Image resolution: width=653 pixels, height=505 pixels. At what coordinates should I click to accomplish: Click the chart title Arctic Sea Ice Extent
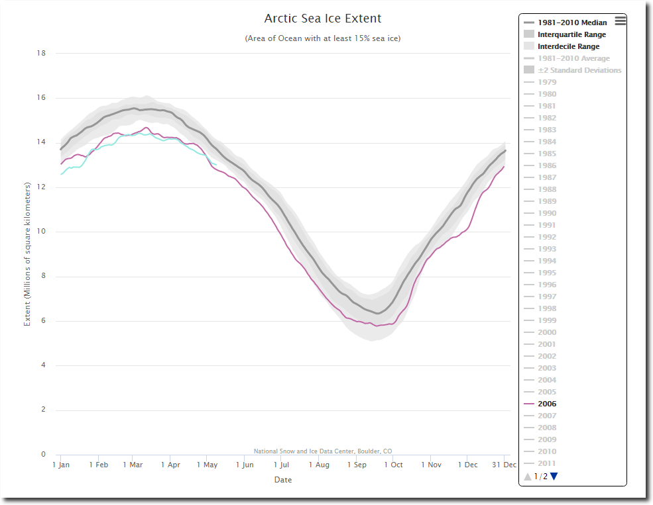(323, 19)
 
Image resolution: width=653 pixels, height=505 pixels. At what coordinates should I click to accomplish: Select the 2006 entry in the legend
(547, 404)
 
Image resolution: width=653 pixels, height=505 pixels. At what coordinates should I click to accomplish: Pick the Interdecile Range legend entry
(568, 46)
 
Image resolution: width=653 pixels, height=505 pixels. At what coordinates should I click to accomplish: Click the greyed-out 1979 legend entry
(547, 82)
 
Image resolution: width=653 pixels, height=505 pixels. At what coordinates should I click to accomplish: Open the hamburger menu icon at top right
(620, 21)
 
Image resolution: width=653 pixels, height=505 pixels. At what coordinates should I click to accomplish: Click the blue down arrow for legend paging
(554, 476)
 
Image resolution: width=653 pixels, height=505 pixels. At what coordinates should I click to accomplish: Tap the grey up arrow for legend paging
(528, 476)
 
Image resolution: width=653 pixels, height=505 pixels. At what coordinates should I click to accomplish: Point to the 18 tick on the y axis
(41, 53)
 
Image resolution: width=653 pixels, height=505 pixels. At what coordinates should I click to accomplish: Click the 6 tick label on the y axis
(43, 321)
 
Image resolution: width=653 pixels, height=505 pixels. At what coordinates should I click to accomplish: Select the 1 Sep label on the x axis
(357, 465)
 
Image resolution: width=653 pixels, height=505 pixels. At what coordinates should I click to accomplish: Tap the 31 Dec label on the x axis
(504, 465)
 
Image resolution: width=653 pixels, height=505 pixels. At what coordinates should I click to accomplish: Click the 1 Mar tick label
(133, 465)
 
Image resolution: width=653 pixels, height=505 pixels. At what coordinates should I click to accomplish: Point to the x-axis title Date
(283, 480)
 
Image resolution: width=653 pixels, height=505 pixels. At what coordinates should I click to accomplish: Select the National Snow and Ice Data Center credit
(323, 451)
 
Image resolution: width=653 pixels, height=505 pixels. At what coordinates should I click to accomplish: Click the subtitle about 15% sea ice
(323, 38)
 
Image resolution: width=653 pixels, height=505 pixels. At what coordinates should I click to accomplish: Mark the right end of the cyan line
(217, 165)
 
